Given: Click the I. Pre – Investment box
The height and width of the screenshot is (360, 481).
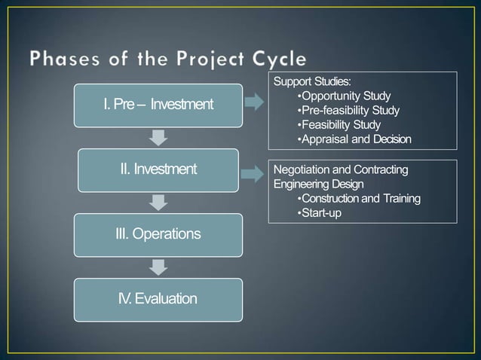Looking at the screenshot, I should pyautogui.click(x=158, y=104).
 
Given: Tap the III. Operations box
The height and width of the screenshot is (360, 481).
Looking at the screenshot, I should pyautogui.click(x=158, y=233).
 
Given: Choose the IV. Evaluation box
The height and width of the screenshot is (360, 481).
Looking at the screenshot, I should pyautogui.click(x=158, y=299).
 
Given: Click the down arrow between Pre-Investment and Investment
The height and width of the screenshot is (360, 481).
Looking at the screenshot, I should pyautogui.click(x=158, y=137).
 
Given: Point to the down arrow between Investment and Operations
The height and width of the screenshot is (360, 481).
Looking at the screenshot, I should pyautogui.click(x=158, y=202).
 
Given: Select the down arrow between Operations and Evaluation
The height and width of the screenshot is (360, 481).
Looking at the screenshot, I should pyautogui.click(x=158, y=267).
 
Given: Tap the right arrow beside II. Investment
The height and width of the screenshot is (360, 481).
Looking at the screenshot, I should pyautogui.click(x=254, y=175).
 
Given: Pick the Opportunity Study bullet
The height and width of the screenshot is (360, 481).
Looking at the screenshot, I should pyautogui.click(x=345, y=96).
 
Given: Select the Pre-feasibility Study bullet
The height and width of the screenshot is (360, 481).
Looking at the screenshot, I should pyautogui.click(x=349, y=110).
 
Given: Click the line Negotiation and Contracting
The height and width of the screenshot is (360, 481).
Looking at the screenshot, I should pyautogui.click(x=340, y=170).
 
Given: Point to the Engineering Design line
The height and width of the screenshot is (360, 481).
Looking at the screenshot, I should pyautogui.click(x=318, y=185).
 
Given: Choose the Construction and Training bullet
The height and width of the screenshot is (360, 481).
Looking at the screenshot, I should pyautogui.click(x=359, y=199).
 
